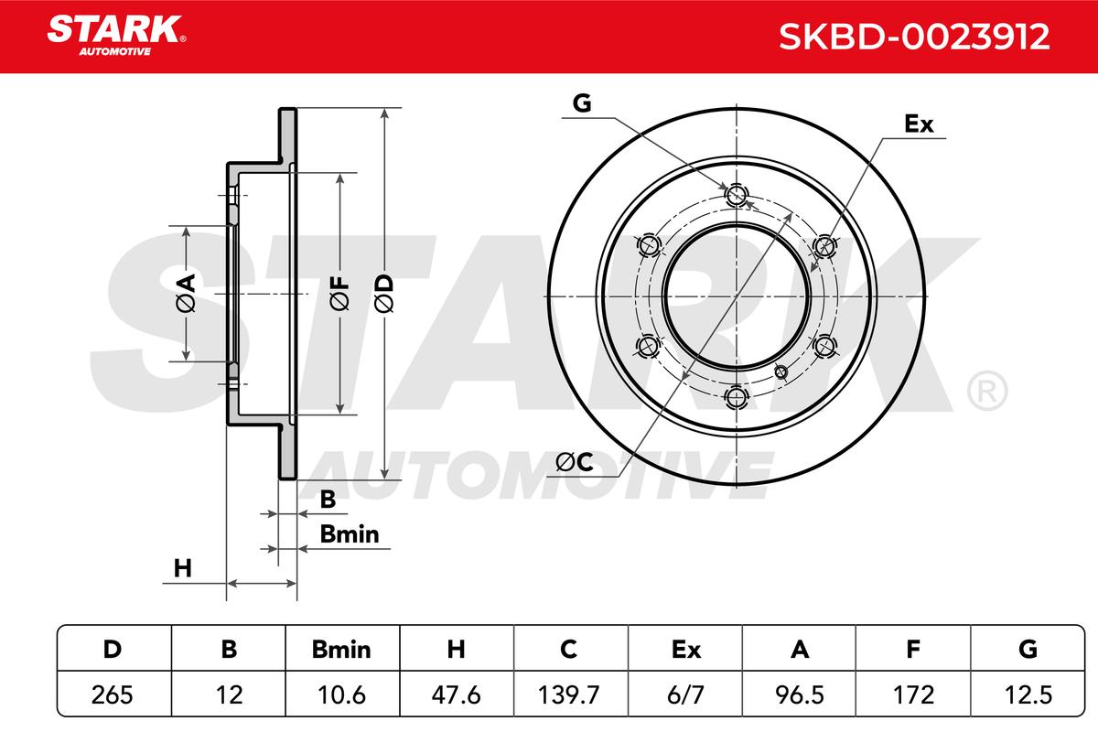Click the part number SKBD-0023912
coord(914,37)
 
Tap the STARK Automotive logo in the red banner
coord(116,36)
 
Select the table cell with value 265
coord(113,694)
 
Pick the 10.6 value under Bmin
coord(341,694)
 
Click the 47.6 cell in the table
coord(456,694)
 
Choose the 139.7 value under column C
coord(568,694)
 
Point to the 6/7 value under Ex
coord(685,694)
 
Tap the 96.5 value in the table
coord(800,694)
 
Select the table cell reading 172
coord(914,694)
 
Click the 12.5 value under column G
coord(1028,694)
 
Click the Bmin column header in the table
coord(341,650)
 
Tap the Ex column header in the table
coord(686,650)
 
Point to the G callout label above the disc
coord(582,103)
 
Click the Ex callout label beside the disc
coord(919,124)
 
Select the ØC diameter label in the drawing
coord(575,462)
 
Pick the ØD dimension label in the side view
coord(383,293)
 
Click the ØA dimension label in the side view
coord(186,293)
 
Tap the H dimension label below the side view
coord(183,568)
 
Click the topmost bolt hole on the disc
coord(736,195)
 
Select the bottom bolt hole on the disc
coord(736,397)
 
